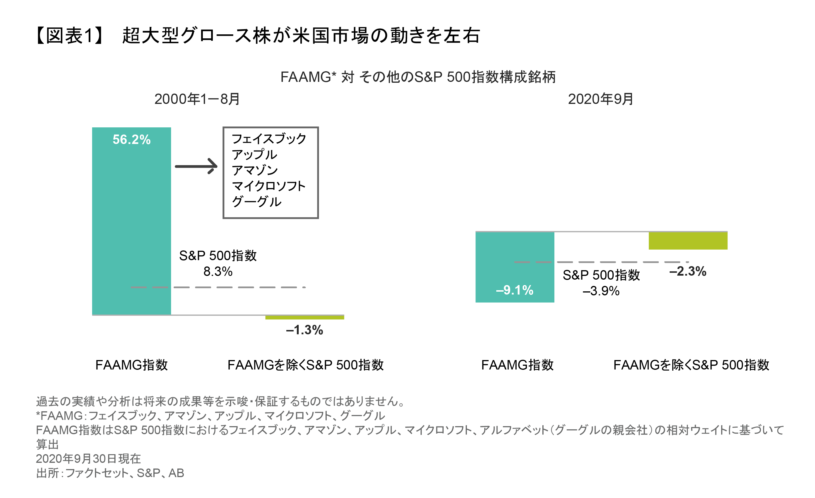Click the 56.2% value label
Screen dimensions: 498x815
click(131, 140)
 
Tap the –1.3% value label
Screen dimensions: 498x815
click(304, 330)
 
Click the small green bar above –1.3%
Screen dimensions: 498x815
click(304, 317)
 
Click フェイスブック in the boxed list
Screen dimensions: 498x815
click(269, 139)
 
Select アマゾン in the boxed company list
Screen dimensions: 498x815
click(255, 170)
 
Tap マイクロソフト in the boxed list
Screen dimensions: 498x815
click(269, 186)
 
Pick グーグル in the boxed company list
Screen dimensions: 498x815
click(257, 201)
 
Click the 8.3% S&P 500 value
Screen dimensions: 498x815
click(218, 272)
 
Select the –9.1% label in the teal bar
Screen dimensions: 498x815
click(514, 290)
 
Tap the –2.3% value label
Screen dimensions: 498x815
click(688, 271)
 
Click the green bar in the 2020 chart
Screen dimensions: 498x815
click(688, 241)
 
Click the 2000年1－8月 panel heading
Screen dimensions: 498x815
click(197, 99)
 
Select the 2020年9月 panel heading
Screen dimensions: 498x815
click(600, 99)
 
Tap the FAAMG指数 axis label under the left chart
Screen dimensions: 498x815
click(131, 365)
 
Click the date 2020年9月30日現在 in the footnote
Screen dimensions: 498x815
click(88, 459)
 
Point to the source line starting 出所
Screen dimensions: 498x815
click(110, 473)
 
